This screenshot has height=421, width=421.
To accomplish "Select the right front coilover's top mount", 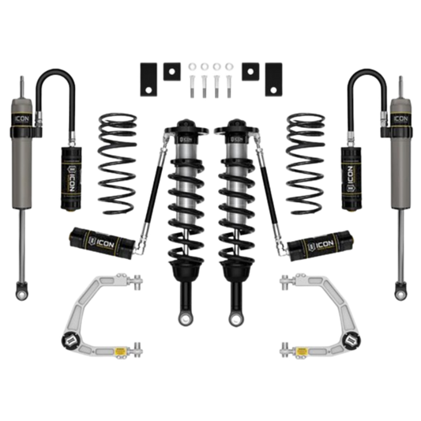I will coord(236,126).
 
